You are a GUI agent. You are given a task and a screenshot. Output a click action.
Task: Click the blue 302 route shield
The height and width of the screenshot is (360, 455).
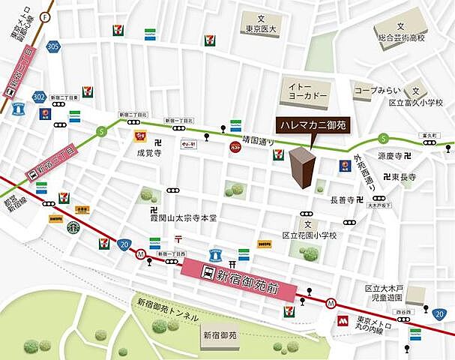[40, 97]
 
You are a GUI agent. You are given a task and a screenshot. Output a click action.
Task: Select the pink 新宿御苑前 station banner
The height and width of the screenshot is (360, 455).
[240, 274]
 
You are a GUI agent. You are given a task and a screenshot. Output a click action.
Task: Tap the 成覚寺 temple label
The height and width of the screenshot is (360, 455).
[148, 153]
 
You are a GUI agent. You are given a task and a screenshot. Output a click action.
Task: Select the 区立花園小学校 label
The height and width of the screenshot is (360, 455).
[309, 235]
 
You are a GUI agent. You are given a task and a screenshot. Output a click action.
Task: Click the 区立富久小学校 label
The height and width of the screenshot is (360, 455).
[417, 102]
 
